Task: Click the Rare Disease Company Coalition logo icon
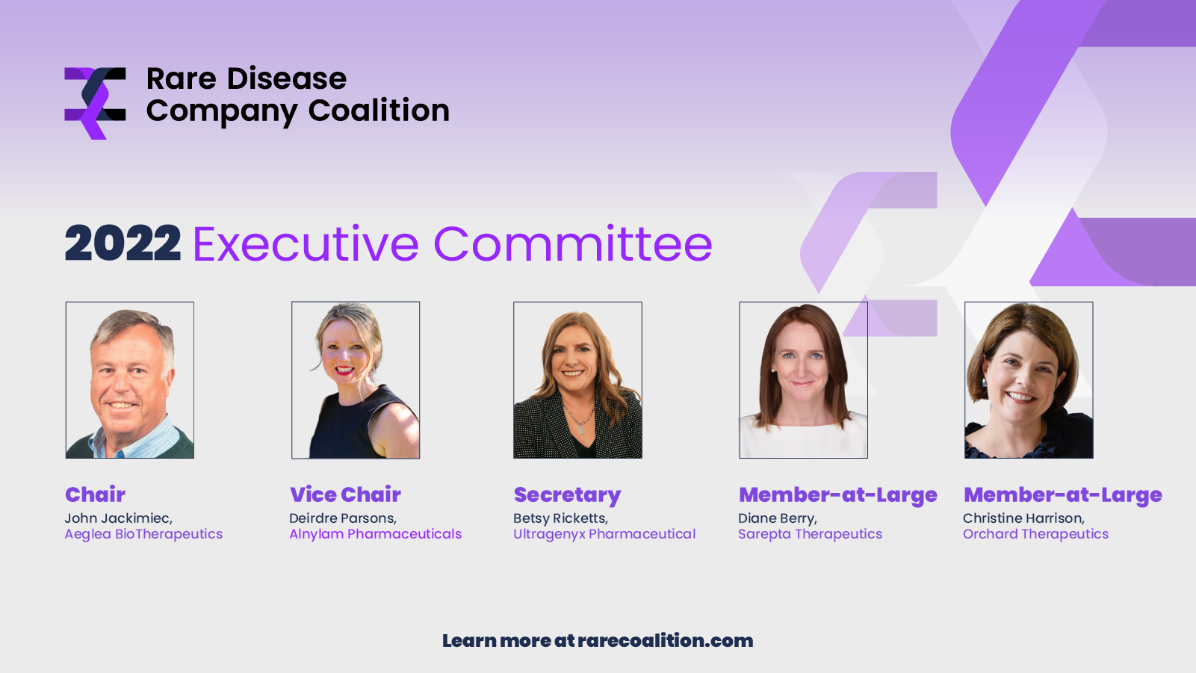(95, 103)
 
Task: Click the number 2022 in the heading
(123, 244)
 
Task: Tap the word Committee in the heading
(572, 244)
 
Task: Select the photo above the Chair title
(130, 380)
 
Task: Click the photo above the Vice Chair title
(356, 380)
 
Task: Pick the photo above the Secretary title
(577, 380)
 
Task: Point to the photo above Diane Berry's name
(803, 380)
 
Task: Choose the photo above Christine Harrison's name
(1029, 380)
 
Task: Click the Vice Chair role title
(345, 494)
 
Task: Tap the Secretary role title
(567, 495)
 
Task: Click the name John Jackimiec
(118, 518)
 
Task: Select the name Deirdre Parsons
(342, 518)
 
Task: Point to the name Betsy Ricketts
(560, 518)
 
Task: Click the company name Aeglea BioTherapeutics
(143, 534)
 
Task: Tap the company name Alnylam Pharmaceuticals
(375, 534)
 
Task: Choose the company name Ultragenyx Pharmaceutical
(604, 534)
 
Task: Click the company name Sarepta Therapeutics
(810, 534)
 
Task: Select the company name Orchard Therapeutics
(1035, 534)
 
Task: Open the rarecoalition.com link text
(665, 641)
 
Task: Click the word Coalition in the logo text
(379, 111)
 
